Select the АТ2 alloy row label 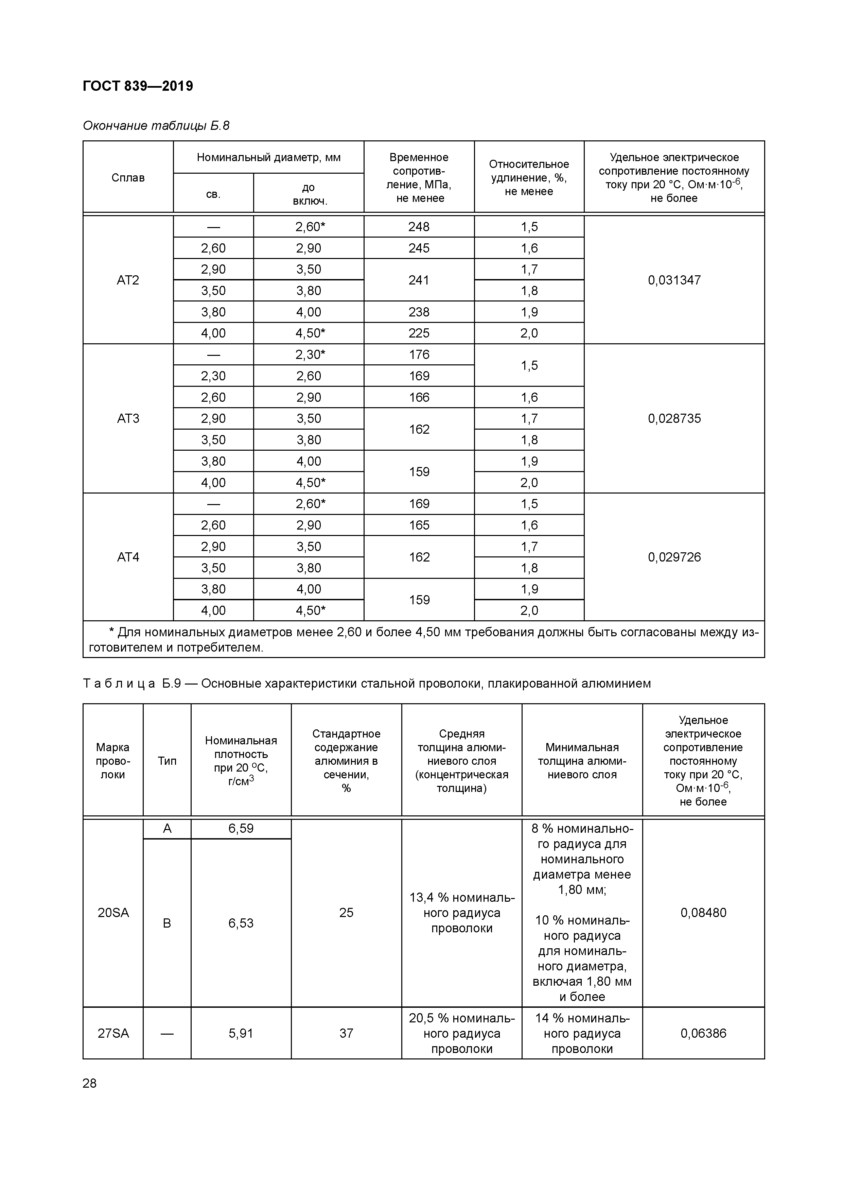click(128, 280)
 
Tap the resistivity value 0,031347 click(674, 280)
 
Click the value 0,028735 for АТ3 click(674, 418)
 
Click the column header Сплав click(128, 177)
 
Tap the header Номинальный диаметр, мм click(268, 157)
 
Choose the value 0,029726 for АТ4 click(674, 557)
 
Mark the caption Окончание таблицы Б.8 click(156, 126)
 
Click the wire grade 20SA click(113, 912)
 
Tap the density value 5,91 click(241, 1033)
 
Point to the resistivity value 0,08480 click(703, 912)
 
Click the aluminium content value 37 click(346, 1033)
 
